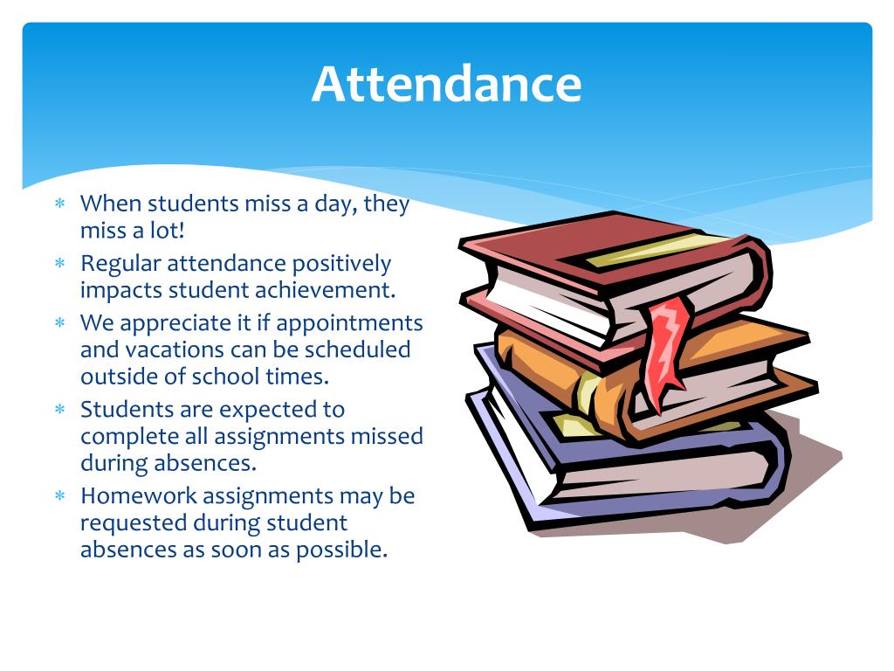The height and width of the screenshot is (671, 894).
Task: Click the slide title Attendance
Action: [x=446, y=85]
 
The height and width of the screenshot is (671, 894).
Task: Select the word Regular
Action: [x=120, y=263]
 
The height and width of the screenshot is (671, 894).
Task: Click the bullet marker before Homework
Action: [x=60, y=496]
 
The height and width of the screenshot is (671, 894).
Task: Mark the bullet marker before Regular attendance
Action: [x=60, y=263]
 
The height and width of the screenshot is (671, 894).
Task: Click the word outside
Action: [x=114, y=376]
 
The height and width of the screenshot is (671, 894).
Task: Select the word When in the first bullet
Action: [x=110, y=204]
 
